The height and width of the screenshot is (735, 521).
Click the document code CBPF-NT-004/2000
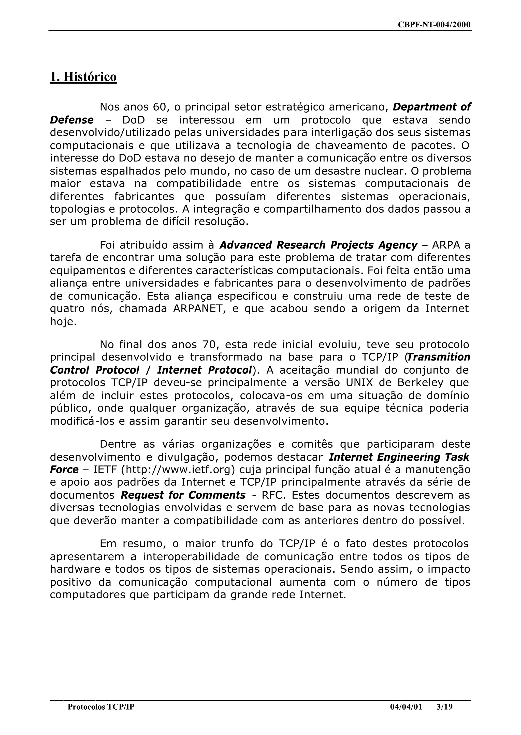(434, 25)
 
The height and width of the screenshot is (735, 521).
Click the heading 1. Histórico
(83, 77)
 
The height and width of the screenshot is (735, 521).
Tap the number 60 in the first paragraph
(160, 107)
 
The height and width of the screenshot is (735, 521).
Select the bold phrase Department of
(432, 107)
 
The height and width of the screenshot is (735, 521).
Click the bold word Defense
(71, 120)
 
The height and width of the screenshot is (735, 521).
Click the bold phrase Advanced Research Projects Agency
(319, 245)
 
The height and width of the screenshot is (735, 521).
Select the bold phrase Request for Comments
(183, 495)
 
